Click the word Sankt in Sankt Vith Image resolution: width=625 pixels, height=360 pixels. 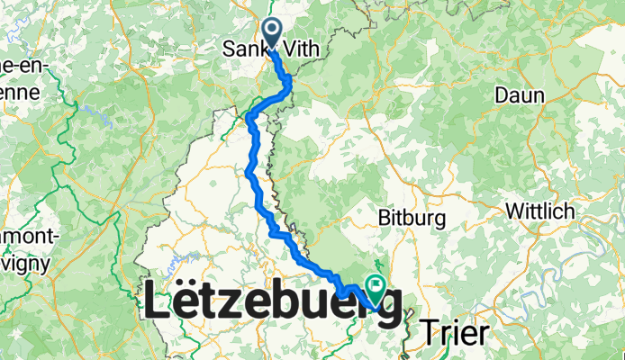(242, 51)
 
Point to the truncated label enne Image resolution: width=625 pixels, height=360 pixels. (18, 92)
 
